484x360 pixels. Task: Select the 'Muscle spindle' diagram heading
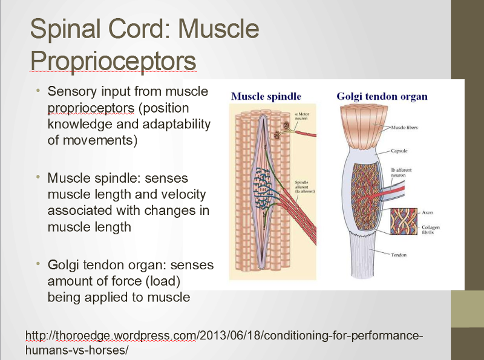click(266, 96)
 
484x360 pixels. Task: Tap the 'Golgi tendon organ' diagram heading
click(382, 96)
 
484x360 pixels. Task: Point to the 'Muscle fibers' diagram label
click(404, 128)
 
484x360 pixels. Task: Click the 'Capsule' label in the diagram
click(399, 151)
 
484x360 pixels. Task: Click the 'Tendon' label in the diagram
click(399, 255)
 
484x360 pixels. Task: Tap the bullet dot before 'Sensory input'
click(38, 91)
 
